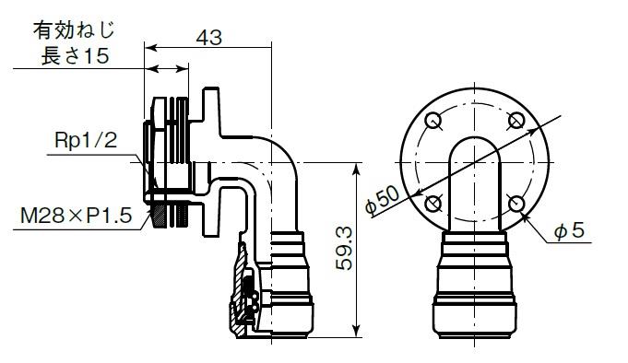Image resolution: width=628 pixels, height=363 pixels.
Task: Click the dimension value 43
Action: pyautogui.click(x=208, y=38)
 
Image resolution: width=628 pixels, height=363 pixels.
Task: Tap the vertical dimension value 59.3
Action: pyautogui.click(x=344, y=248)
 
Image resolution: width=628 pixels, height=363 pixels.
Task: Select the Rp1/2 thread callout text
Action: pyautogui.click(x=86, y=141)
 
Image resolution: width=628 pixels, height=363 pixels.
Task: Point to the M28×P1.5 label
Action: pyautogui.click(x=77, y=217)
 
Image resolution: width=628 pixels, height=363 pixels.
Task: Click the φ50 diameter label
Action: pyautogui.click(x=382, y=200)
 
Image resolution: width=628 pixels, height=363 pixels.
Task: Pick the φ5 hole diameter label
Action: pyautogui.click(x=569, y=231)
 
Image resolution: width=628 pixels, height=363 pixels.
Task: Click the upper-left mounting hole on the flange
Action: pyautogui.click(x=432, y=120)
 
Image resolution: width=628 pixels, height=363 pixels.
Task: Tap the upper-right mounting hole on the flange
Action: pyautogui.click(x=516, y=120)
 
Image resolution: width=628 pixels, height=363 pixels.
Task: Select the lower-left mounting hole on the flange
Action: pyautogui.click(x=432, y=204)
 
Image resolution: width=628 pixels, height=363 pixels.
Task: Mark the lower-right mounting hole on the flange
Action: pyautogui.click(x=516, y=204)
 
